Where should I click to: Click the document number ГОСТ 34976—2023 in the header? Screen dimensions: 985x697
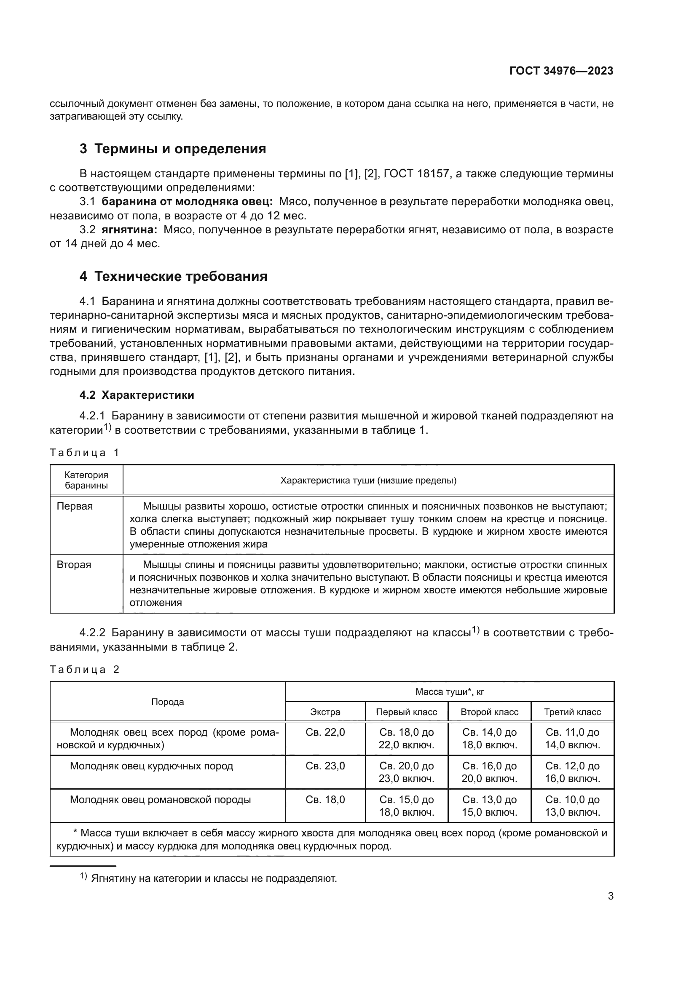(561, 71)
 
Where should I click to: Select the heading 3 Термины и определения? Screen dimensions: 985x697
(172, 149)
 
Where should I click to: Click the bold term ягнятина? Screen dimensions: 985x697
(129, 230)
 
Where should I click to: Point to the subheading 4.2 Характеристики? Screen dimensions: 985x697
(137, 395)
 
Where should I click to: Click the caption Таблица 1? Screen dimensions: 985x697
(84, 453)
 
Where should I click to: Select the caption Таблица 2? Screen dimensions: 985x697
(84, 670)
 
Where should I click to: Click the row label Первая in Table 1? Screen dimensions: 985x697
(75, 506)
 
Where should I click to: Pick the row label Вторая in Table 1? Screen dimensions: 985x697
(74, 565)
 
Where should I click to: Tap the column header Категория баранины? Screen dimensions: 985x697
(86, 480)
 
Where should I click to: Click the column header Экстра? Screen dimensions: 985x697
(325, 712)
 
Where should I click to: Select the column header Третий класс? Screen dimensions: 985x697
(572, 712)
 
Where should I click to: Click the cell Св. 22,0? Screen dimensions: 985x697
(325, 732)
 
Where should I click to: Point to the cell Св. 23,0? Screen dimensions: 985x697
(325, 766)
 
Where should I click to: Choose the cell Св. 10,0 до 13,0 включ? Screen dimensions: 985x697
(572, 806)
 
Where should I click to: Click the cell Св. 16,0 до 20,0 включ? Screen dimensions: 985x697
(489, 772)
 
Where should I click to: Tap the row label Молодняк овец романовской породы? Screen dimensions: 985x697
(160, 800)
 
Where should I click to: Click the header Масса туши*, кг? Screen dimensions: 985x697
(449, 692)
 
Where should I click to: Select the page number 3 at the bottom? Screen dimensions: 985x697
(610, 896)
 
